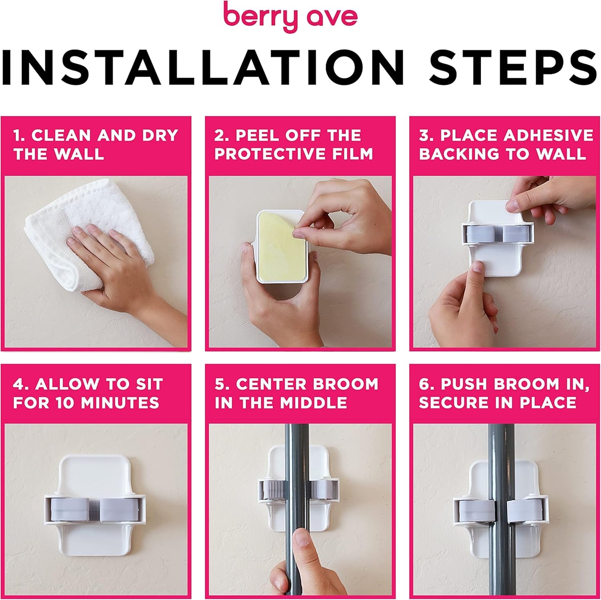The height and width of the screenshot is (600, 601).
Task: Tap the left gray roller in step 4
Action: coord(69,509)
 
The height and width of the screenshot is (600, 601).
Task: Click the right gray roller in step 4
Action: coord(120,509)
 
